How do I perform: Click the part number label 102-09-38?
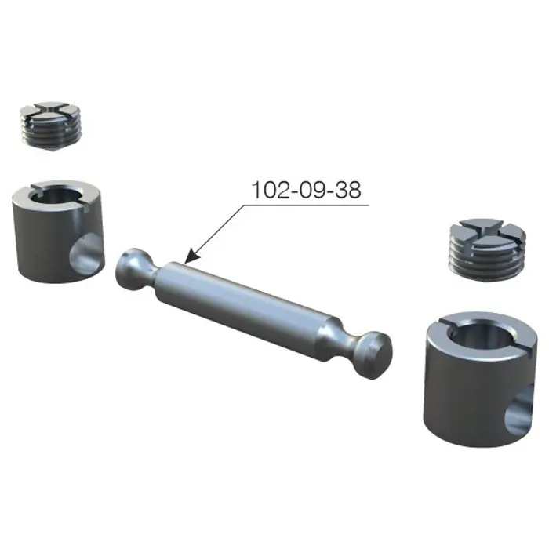[306, 190]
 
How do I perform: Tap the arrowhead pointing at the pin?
[191, 256]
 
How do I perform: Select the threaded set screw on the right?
[487, 250]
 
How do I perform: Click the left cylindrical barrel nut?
[58, 231]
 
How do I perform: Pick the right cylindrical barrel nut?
[480, 380]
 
